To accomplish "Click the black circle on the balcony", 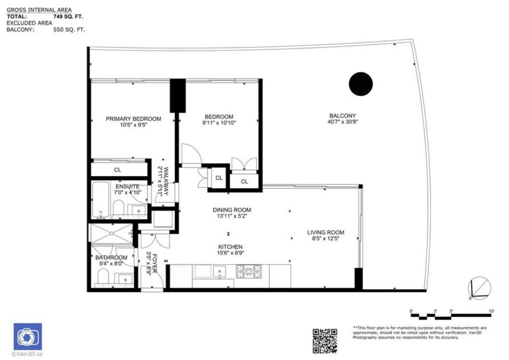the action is point(361,84).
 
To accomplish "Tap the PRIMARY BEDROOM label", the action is point(134,119).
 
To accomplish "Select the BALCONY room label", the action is point(343,115).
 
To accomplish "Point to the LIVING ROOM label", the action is point(326,233).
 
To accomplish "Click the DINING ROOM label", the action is point(232,210).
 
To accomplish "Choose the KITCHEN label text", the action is point(230,247).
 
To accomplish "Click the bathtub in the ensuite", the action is point(101,200).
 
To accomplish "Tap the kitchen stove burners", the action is point(248,272).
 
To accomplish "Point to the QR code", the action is point(325,341).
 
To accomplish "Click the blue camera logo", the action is point(28,337).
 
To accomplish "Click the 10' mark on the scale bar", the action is point(492,311).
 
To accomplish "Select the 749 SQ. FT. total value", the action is point(68,16).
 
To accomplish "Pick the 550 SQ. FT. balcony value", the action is point(69,29).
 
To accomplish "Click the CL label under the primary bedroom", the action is point(118,170).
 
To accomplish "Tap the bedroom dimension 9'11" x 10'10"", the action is point(219,123).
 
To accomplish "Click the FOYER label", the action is point(154,263).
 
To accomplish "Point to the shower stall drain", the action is point(112,233).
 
